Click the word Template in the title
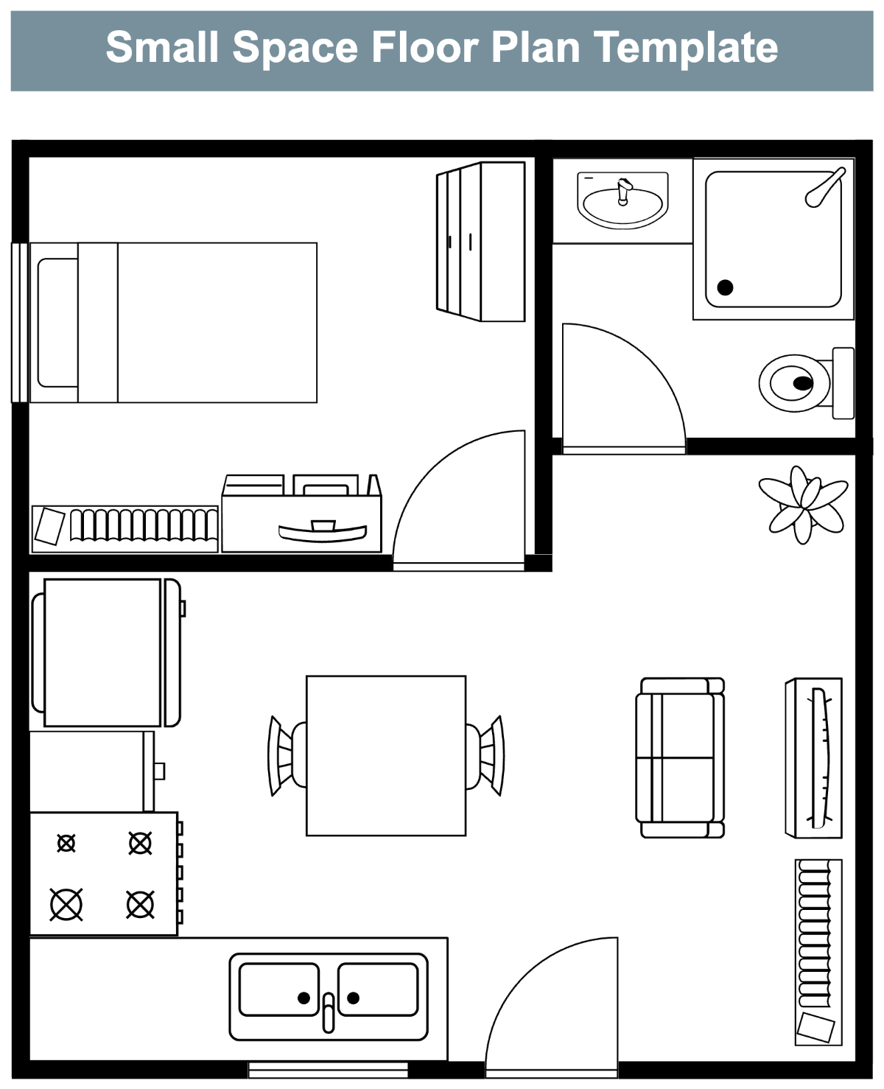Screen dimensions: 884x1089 pos(685,48)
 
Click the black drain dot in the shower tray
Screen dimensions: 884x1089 pos(725,287)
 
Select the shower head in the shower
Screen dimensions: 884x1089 pos(824,188)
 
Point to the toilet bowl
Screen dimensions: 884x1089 pos(794,383)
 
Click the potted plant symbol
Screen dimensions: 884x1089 pos(803,504)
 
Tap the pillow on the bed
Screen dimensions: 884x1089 pos(57,323)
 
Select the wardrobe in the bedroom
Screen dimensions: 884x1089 pos(480,242)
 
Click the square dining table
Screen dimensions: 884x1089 pos(386,756)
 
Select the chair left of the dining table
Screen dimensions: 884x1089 pos(286,755)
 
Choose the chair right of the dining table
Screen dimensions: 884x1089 pos(485,755)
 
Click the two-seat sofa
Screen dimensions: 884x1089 pos(680,757)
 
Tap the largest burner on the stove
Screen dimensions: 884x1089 pos(66,905)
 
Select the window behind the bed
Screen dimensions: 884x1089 pos(20,323)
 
